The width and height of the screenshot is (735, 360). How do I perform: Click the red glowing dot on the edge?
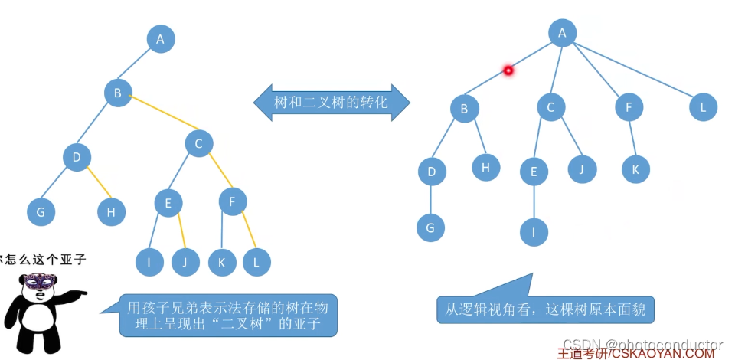coord(507,71)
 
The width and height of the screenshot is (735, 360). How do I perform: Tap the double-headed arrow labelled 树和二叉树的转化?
coord(332,102)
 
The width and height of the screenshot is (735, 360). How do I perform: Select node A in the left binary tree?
coord(160,39)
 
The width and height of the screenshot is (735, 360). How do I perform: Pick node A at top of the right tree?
coord(562,32)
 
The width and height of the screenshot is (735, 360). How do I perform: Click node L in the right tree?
coord(703,106)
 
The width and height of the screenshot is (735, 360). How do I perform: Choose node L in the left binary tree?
coord(256,262)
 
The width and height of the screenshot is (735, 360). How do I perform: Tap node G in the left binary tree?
coord(41,211)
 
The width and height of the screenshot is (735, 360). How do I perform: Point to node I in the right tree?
coord(534,231)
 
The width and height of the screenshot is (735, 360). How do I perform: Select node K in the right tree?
coord(635,169)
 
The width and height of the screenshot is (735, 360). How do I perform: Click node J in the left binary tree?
coord(185,262)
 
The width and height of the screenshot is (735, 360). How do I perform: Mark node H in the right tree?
coord(485,166)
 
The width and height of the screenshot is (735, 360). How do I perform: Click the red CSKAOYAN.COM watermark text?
coord(635,353)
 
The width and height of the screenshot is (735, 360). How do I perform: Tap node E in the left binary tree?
coord(168,203)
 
